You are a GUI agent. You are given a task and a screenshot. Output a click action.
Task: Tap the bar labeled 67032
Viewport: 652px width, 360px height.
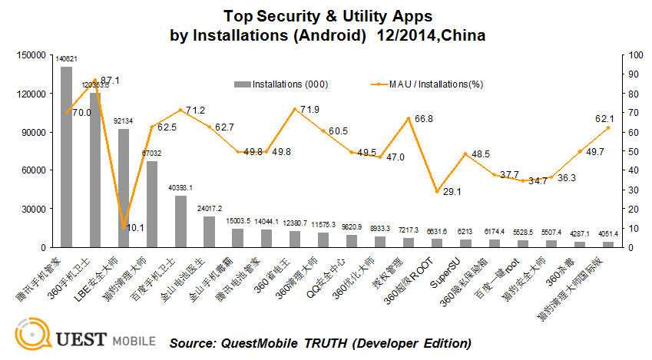coord(152,203)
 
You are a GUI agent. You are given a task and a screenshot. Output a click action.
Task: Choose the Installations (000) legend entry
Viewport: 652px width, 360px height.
coord(280,84)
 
